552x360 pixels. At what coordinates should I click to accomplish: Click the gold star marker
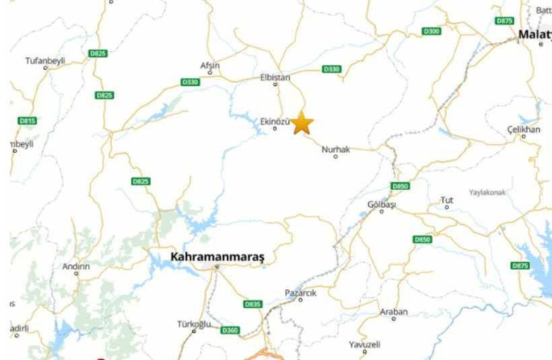point(302,122)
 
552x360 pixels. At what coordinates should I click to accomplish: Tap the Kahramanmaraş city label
point(218,256)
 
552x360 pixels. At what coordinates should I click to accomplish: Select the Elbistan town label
point(275,77)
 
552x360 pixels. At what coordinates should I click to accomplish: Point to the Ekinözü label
point(275,121)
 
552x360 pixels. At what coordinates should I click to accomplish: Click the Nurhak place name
point(336,149)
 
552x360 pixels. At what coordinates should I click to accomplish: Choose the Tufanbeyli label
point(45,61)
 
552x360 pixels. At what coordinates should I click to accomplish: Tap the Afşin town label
point(210,65)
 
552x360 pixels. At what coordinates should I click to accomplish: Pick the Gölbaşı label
point(382,204)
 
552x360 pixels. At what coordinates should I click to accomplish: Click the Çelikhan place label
point(524,129)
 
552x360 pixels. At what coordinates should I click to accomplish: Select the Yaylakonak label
point(487,192)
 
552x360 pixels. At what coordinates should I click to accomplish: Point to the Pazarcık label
point(300,293)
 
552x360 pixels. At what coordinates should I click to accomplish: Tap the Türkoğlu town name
point(194,324)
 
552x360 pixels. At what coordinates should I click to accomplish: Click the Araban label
point(394,311)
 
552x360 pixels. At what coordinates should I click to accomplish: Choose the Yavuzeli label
point(365,344)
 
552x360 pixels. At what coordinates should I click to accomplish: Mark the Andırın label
point(76,266)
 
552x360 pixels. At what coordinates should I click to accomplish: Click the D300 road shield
point(432,32)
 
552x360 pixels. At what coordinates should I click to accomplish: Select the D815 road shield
point(27,120)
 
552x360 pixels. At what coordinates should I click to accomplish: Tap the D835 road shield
point(252,304)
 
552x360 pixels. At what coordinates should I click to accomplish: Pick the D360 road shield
point(230,330)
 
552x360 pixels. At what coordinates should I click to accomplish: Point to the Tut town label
point(447,200)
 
